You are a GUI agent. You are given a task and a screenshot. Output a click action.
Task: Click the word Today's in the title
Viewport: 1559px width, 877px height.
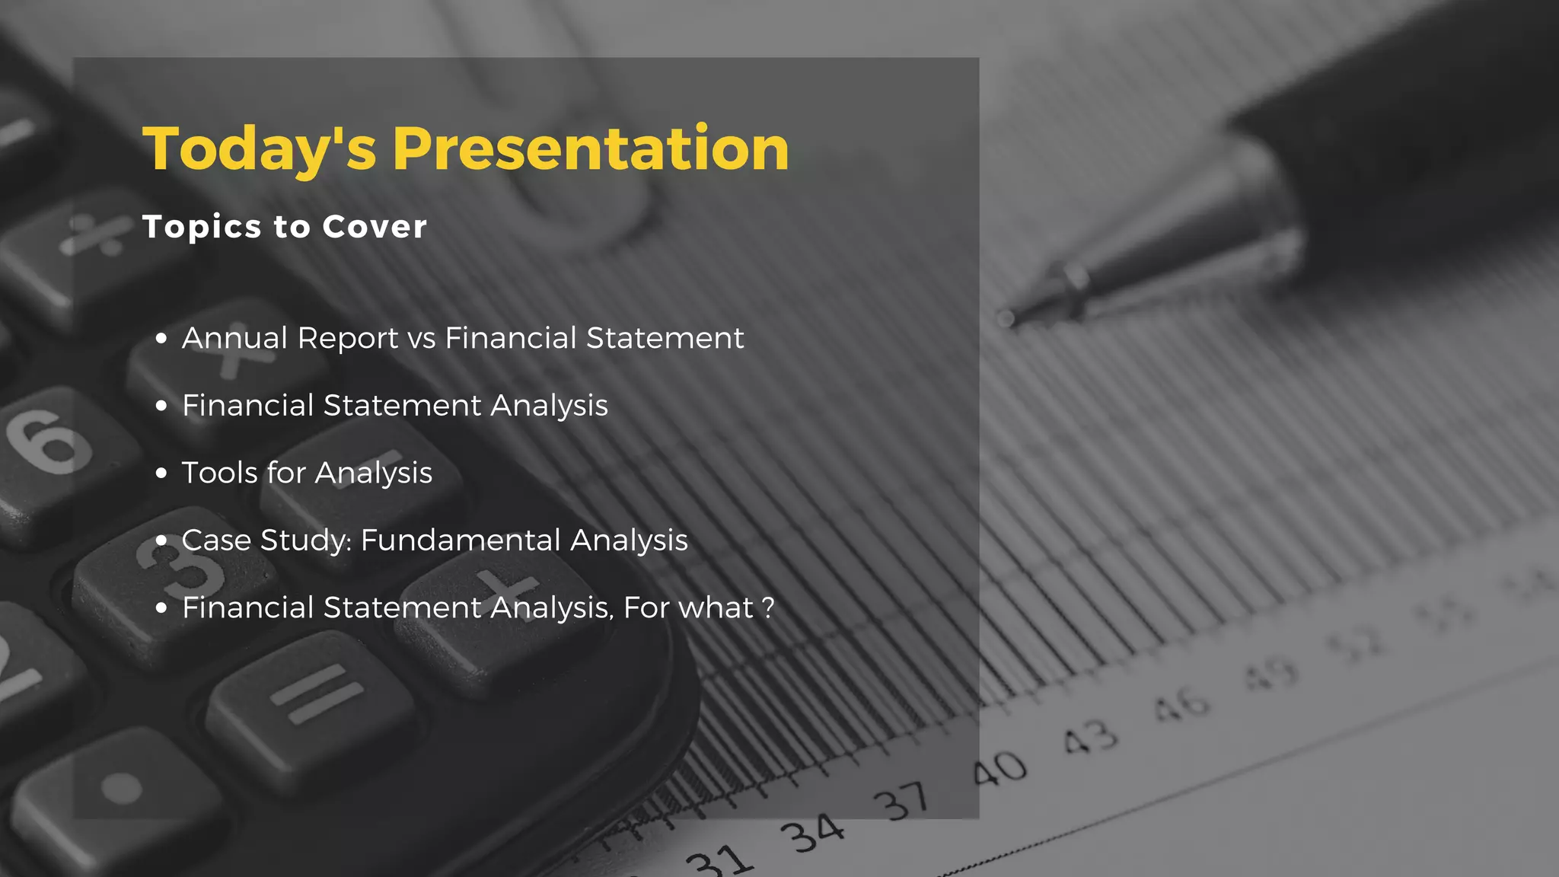(259, 149)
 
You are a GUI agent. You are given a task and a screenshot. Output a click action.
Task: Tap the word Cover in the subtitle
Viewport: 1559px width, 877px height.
(374, 227)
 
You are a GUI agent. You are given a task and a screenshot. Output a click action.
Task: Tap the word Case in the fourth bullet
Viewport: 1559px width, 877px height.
(216, 541)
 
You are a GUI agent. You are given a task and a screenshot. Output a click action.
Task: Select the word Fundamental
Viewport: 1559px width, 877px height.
(459, 541)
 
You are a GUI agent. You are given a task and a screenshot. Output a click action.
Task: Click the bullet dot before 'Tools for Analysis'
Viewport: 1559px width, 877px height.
(161, 474)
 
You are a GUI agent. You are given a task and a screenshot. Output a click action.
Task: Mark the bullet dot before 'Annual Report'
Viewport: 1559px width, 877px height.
(161, 339)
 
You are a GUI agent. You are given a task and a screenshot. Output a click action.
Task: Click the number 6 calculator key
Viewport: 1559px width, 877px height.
(50, 442)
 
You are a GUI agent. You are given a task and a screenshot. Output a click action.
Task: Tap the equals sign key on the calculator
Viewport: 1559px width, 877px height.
(316, 694)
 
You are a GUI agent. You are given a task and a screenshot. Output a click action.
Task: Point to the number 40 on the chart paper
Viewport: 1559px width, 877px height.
(999, 769)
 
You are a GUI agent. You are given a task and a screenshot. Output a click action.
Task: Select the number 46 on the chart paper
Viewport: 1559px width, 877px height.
(1181, 704)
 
